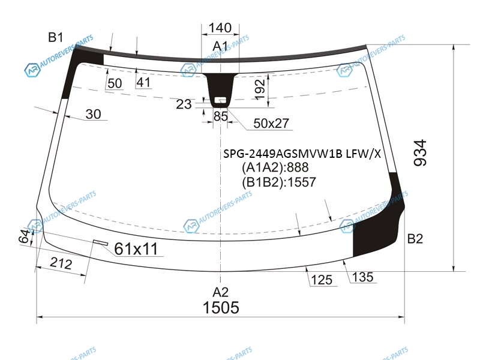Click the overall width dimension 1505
221,307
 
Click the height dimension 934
420,153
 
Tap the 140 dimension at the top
220,28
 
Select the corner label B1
55,37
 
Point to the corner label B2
415,238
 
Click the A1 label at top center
220,46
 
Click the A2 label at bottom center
220,292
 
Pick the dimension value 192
260,89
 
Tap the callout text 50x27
271,124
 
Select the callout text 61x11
136,248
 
